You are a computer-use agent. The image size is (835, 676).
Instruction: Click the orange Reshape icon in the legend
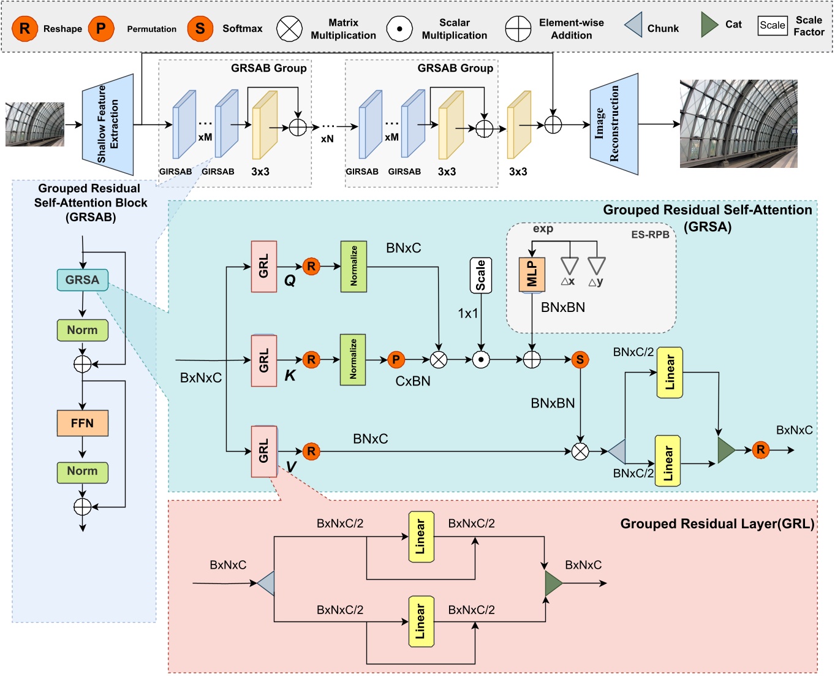point(25,29)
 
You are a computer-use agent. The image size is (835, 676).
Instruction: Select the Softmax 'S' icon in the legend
point(200,29)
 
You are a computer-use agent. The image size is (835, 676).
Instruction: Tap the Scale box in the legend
point(772,25)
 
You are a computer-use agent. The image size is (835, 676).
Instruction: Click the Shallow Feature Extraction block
point(108,125)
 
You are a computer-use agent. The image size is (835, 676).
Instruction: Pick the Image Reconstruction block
point(614,124)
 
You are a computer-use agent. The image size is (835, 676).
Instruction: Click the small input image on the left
point(35,124)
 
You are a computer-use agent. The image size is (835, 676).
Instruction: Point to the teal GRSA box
point(82,280)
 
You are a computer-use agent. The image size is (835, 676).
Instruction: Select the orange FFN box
point(82,423)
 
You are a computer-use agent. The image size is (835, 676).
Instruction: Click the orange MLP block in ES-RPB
point(532,273)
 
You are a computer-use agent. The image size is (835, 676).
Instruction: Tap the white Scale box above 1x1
point(481,275)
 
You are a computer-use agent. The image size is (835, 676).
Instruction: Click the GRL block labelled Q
point(264,267)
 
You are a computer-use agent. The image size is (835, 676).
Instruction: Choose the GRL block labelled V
point(264,451)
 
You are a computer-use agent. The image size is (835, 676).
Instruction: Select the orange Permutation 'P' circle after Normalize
point(396,360)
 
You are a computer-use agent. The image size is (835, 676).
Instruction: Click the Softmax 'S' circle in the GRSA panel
point(580,360)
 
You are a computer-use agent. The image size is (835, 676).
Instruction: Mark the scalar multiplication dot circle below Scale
point(481,360)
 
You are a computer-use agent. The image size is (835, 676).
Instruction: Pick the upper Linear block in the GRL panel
point(421,537)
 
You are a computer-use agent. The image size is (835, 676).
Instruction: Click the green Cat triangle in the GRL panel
point(553,583)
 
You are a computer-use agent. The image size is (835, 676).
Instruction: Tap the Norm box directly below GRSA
point(82,330)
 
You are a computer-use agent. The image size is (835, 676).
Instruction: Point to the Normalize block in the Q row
point(353,267)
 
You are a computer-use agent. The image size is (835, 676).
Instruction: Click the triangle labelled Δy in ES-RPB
point(596,265)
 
